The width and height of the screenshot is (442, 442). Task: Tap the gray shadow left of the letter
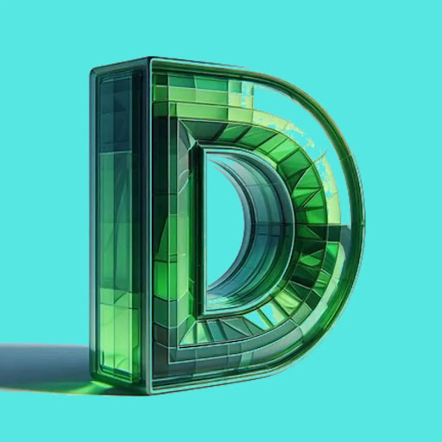click(x=43, y=365)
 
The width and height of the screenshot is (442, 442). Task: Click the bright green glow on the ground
click(x=95, y=387)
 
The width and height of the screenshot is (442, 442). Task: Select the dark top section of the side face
click(x=115, y=112)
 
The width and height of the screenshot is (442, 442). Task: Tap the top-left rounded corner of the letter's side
click(x=93, y=72)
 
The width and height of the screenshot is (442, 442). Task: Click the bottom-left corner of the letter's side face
click(x=93, y=374)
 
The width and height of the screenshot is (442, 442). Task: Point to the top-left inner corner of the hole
click(x=205, y=151)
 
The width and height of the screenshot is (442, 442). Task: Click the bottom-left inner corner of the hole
click(x=205, y=313)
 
